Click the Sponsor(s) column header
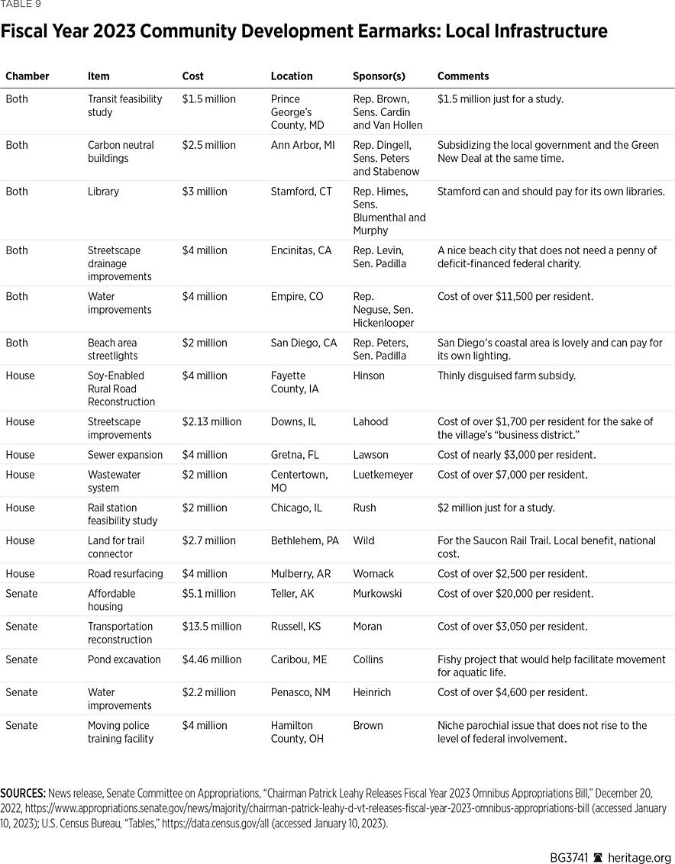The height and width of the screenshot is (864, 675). [x=379, y=76]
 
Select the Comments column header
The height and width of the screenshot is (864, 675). [x=463, y=76]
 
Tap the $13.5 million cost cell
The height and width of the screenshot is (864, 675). [x=212, y=627]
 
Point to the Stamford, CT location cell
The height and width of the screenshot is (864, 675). [x=302, y=192]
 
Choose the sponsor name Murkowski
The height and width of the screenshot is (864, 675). [x=379, y=594]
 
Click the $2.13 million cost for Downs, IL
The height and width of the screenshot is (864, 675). [x=212, y=422]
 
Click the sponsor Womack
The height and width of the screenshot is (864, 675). [x=373, y=574]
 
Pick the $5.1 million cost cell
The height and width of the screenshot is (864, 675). [x=208, y=594]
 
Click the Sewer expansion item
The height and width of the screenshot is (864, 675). [x=125, y=455]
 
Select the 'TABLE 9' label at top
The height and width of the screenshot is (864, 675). [x=21, y=5]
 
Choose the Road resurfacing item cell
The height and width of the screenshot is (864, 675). [x=125, y=574]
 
